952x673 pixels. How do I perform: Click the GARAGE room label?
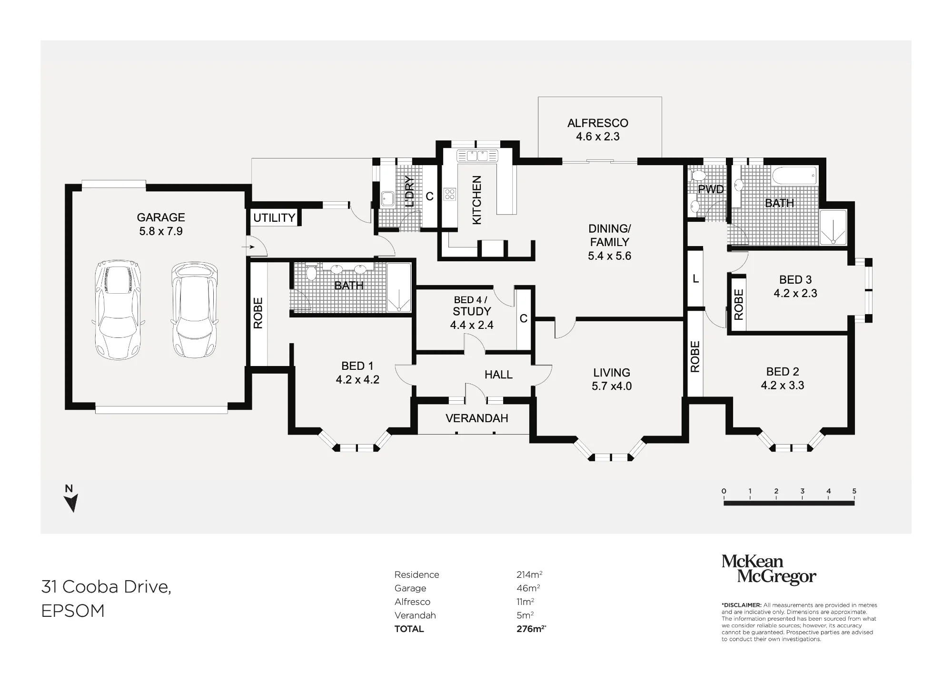coord(161,218)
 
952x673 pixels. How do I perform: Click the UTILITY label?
coord(274,218)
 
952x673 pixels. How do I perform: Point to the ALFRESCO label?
coord(598,123)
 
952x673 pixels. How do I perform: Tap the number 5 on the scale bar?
coord(854,491)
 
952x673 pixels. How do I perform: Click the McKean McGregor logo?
coord(769,569)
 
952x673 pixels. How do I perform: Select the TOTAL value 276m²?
coord(531,629)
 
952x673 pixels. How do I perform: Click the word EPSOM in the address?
coord(73,611)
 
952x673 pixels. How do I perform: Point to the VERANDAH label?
coord(476,418)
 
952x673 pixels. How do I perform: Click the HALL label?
coord(498,375)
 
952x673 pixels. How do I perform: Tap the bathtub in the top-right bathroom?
coord(794,176)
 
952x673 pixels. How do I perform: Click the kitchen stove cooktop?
coord(450,194)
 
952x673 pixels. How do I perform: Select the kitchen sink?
coord(477,156)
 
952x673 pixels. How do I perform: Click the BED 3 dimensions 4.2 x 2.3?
coord(795,293)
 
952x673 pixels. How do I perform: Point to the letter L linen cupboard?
coord(695,279)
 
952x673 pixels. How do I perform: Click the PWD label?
coord(711,189)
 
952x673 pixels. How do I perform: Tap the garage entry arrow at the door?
coord(248,247)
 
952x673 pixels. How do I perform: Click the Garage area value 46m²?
coord(528,588)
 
